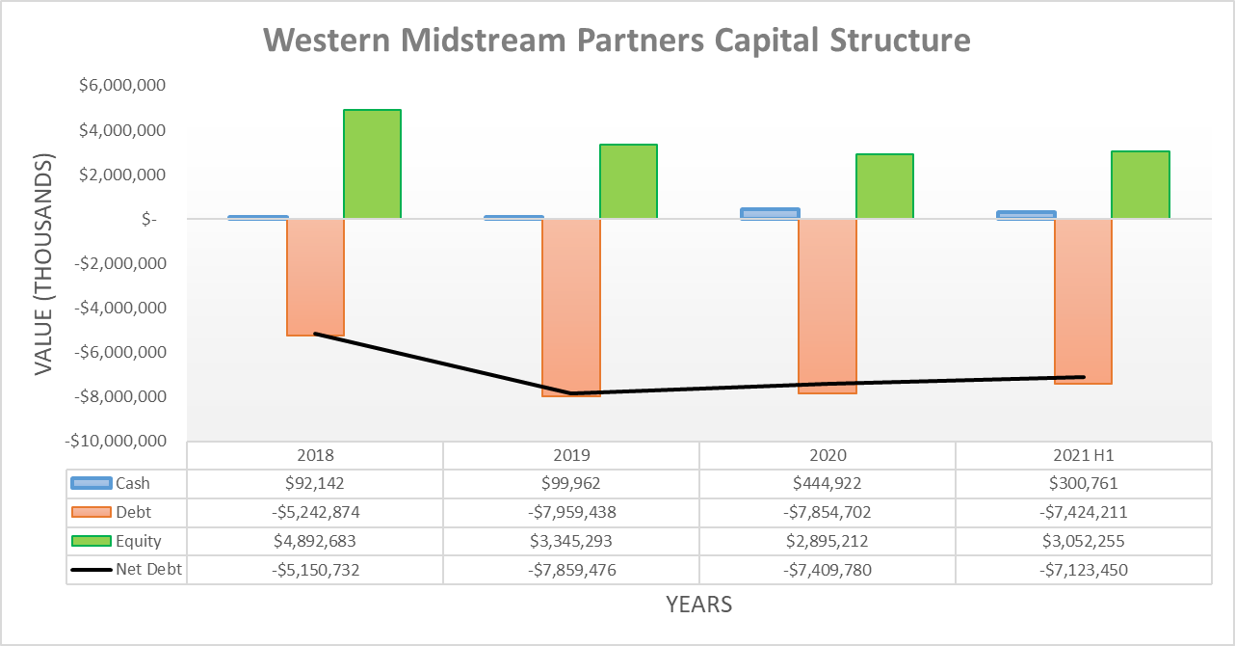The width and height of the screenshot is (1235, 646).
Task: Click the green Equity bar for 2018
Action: coord(373,164)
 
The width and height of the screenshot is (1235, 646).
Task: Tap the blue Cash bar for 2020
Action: coord(770,213)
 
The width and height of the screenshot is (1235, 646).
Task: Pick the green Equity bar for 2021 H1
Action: coord(1141,184)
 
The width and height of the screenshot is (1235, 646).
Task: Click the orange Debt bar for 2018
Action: coord(316,277)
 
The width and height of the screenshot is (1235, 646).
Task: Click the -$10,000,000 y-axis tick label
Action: coord(116,441)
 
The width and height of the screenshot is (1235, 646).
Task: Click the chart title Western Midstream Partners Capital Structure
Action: coord(617,40)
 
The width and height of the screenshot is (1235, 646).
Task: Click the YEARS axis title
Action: coord(698,605)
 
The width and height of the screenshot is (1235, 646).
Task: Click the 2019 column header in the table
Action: coord(571,455)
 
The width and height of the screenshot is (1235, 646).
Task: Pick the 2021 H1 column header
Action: coord(1083,455)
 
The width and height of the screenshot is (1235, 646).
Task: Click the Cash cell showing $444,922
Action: coord(828,483)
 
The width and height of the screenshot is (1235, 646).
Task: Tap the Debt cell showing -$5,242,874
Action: coord(315,512)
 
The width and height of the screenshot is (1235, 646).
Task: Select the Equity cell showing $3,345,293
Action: coord(571,541)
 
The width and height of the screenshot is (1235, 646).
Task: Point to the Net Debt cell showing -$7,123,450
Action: coord(1083,570)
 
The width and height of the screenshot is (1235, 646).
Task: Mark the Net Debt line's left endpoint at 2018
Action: coord(316,334)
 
